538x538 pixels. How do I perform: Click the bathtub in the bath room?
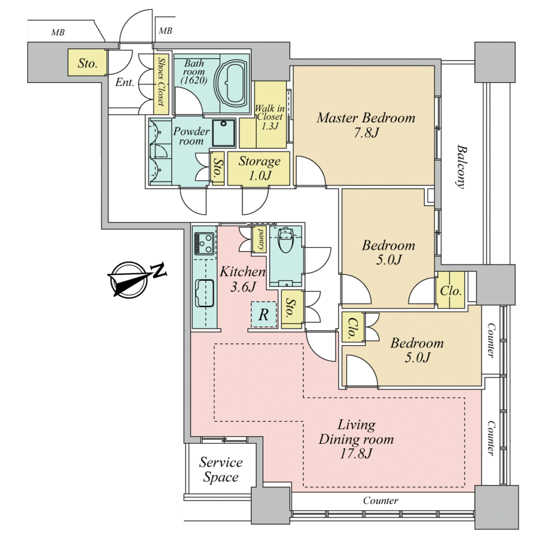coord(231,83)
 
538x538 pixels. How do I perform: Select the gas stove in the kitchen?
coord(204,243)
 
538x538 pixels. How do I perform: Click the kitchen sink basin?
coord(204,293)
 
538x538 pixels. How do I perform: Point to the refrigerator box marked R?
coord(264,314)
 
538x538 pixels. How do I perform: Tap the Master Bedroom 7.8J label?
coord(366,125)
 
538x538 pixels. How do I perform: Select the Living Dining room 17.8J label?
coord(356,439)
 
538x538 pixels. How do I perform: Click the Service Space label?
coord(221,469)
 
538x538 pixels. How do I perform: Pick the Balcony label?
coord(462,167)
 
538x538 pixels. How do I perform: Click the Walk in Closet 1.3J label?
coord(270,117)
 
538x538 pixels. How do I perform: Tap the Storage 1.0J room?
coord(258,168)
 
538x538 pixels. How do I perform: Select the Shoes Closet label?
coord(161,81)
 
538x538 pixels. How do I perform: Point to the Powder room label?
coord(191,136)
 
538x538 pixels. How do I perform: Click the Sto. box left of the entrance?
coord(87,63)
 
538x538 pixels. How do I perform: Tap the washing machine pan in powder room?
coord(224,133)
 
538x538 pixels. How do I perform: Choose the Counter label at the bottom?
coord(380,501)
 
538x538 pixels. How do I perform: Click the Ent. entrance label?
coord(125,82)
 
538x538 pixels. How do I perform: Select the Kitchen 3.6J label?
coord(242,278)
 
